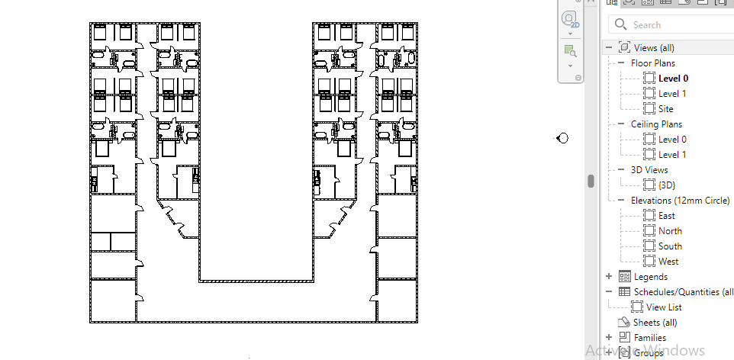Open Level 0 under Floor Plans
(673, 79)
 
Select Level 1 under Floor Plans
(672, 94)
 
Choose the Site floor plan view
(665, 109)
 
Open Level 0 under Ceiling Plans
(672, 140)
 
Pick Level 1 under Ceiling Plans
(672, 155)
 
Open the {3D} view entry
(667, 185)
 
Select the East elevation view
(666, 216)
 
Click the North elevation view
(670, 231)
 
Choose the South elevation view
(670, 246)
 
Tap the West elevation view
(668, 262)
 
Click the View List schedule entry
(664, 307)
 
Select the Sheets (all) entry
(655, 323)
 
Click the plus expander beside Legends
(609, 277)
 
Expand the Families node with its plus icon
(609, 337)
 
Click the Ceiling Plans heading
(656, 124)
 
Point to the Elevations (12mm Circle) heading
(680, 201)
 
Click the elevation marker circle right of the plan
(563, 138)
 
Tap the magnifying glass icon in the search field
(620, 24)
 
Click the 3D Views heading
(649, 170)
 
